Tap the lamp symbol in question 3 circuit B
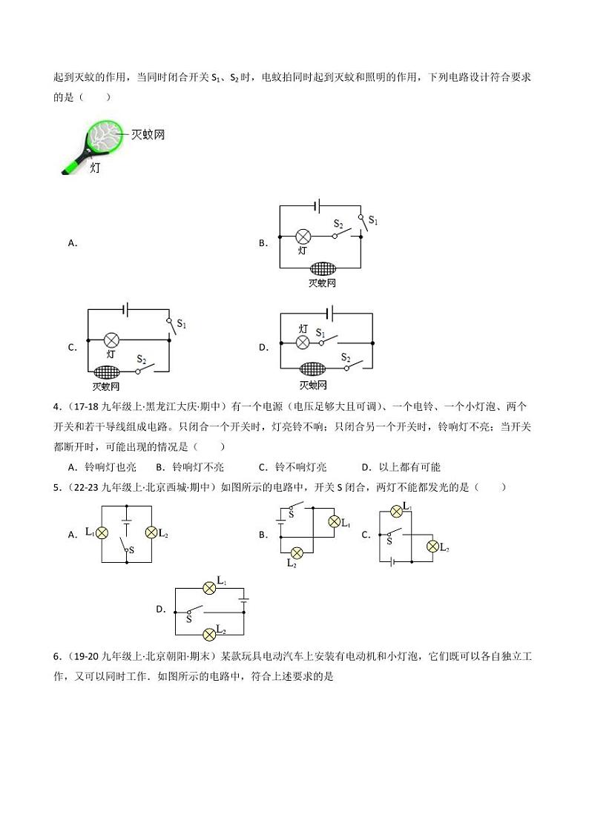point(303,237)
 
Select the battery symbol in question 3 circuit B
point(319,207)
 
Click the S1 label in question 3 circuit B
point(373,221)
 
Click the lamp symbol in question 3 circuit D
point(303,343)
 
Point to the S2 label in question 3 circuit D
point(346,357)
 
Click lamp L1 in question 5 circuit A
point(103,532)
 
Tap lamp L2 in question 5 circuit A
point(152,532)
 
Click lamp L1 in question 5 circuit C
point(396,510)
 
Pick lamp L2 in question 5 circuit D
point(210,632)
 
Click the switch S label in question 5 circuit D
point(188,618)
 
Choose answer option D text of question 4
point(401,467)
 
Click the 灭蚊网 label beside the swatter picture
point(148,134)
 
